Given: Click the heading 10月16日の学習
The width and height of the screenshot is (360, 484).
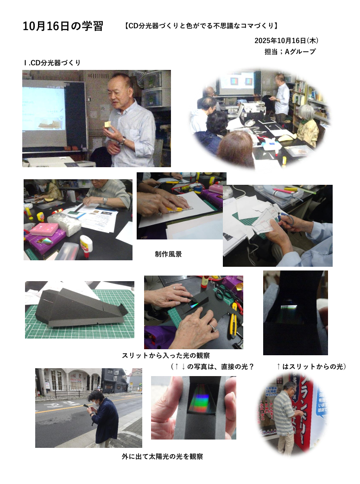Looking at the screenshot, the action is point(63,26).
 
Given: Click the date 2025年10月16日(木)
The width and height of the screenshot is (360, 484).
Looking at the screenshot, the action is point(286,40).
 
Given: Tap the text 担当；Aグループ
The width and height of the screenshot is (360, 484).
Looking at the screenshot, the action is point(290,51).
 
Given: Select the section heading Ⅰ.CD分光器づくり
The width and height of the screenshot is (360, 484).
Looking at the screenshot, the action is point(52,63).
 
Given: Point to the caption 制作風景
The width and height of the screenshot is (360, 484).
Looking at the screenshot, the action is point(168,254).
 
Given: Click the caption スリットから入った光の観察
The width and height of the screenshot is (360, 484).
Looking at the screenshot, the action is point(166,355).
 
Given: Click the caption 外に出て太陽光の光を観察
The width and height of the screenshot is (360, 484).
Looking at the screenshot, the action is point(163,456).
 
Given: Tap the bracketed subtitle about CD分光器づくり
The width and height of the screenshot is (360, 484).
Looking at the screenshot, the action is point(201,26).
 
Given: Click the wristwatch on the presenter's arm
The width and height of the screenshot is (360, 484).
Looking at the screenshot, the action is point(122,142).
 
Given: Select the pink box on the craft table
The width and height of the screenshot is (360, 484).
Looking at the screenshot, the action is point(47,229).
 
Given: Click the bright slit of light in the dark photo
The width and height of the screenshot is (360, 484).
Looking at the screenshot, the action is point(288,307).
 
